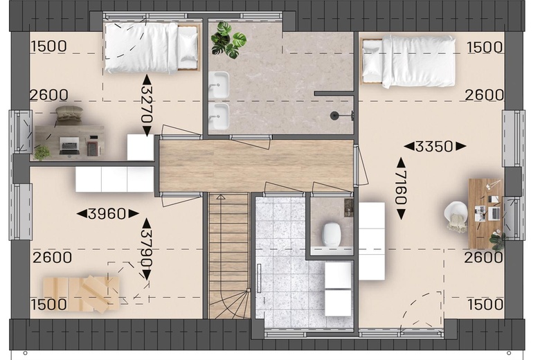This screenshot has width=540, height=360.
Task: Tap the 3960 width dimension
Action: point(107,214)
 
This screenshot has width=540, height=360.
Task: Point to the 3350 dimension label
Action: point(435,146)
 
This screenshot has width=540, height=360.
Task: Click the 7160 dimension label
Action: point(402,188)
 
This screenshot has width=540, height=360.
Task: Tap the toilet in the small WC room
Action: point(332,235)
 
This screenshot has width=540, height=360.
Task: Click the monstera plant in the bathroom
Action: point(228,40)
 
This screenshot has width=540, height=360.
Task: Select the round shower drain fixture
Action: point(334,116)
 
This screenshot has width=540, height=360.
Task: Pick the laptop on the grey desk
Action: point(69,145)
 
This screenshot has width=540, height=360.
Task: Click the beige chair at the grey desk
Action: point(69,115)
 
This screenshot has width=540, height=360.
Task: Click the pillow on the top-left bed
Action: point(188,47)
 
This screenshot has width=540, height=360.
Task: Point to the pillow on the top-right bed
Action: point(372,61)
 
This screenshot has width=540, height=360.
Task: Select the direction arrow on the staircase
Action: point(220,197)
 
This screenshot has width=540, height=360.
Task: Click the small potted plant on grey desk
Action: point(42,153)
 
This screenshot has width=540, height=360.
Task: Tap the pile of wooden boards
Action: point(81,294)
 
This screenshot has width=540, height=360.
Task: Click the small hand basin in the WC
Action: point(348,208)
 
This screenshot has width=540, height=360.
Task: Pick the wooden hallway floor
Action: point(256,165)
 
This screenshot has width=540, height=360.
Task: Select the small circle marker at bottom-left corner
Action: point(25,353)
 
